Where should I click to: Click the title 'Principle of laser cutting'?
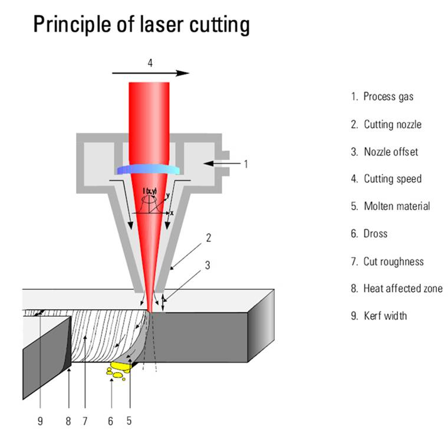[x=141, y=25]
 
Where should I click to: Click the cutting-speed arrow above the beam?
[x=150, y=74]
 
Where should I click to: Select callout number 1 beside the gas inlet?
[x=246, y=164]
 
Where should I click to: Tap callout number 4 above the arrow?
[x=150, y=62]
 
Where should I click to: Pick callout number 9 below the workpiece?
[x=40, y=421]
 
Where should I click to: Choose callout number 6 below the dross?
[x=110, y=421]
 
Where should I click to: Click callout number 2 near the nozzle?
[x=208, y=238]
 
